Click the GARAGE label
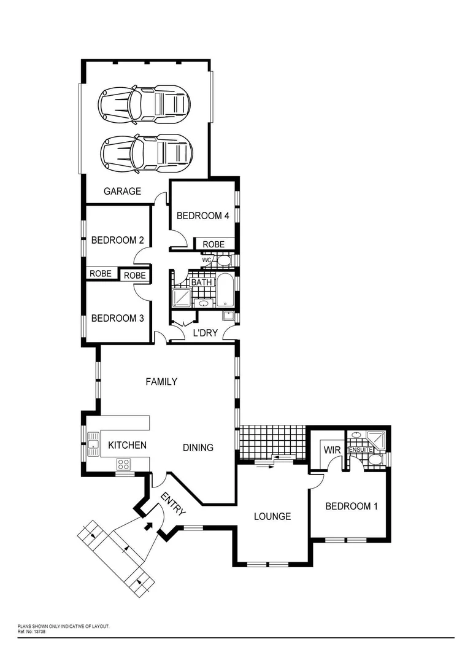(x=122, y=191)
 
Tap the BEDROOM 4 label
(x=202, y=215)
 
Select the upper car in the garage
(x=145, y=103)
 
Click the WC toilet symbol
(x=224, y=261)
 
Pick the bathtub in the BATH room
(x=224, y=290)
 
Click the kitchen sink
(x=93, y=444)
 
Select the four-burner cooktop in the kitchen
(x=123, y=464)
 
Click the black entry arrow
(x=148, y=525)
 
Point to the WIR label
(x=332, y=450)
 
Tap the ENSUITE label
(x=361, y=450)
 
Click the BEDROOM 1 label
(x=348, y=506)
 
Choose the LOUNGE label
(x=272, y=516)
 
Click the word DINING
(x=198, y=448)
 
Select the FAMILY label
(x=161, y=381)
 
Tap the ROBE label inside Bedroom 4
(x=213, y=244)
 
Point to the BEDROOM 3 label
(x=117, y=318)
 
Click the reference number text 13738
(x=39, y=630)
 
